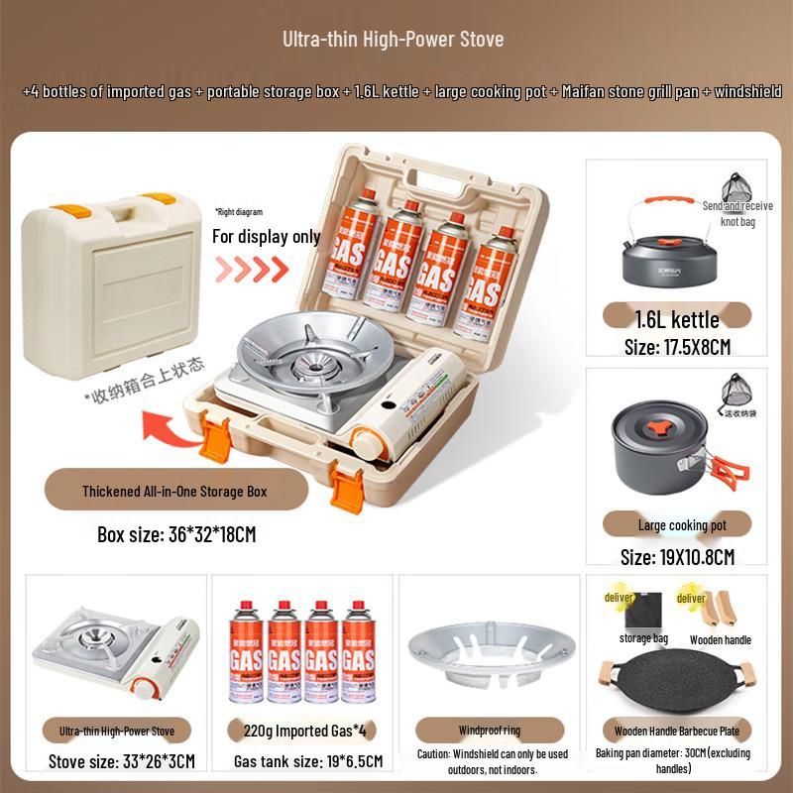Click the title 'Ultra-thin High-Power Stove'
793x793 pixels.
(x=394, y=40)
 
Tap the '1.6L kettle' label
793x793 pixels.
(x=677, y=319)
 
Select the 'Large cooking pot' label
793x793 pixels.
(x=681, y=525)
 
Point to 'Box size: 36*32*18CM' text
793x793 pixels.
(x=176, y=534)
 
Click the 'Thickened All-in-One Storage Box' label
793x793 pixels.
(x=174, y=491)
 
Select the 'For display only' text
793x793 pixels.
(x=267, y=237)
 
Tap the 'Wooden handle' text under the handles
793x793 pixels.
(x=721, y=640)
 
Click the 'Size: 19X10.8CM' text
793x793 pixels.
(x=677, y=557)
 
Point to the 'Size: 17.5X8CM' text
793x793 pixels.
(x=677, y=347)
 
